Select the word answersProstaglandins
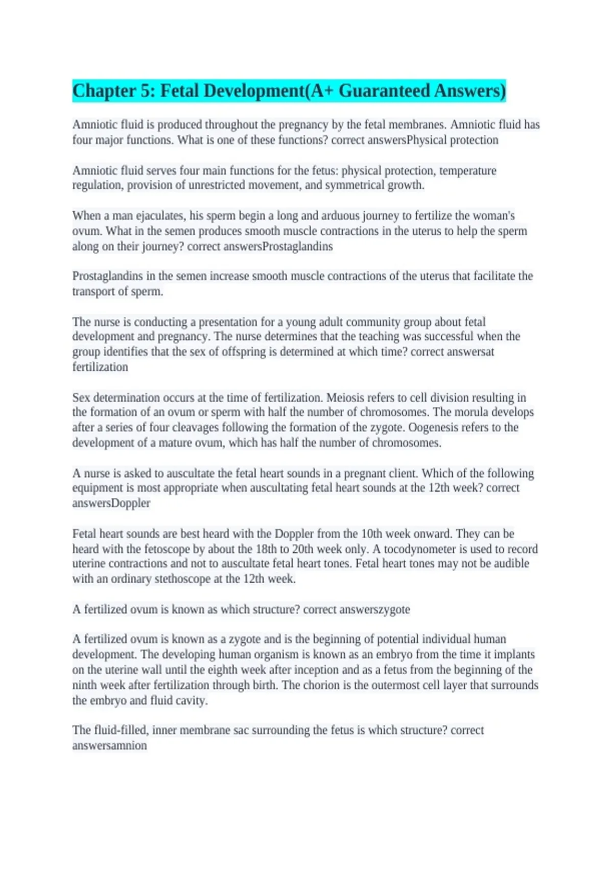point(278,246)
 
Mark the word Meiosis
point(345,398)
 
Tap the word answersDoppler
point(111,503)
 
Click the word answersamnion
point(109,745)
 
